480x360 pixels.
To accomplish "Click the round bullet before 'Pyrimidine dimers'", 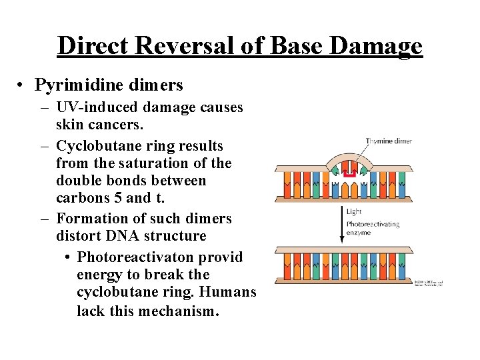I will click(x=23, y=86).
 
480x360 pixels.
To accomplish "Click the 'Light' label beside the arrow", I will click(x=355, y=211).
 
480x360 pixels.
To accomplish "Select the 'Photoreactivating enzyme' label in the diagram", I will click(x=372, y=229).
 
